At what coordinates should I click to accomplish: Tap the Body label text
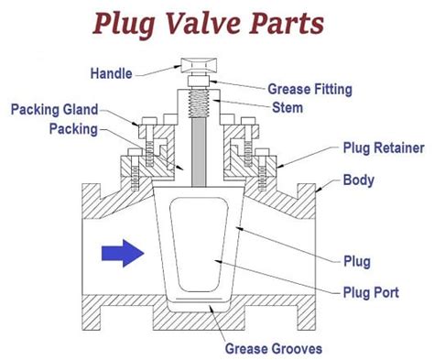tap(358, 180)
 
